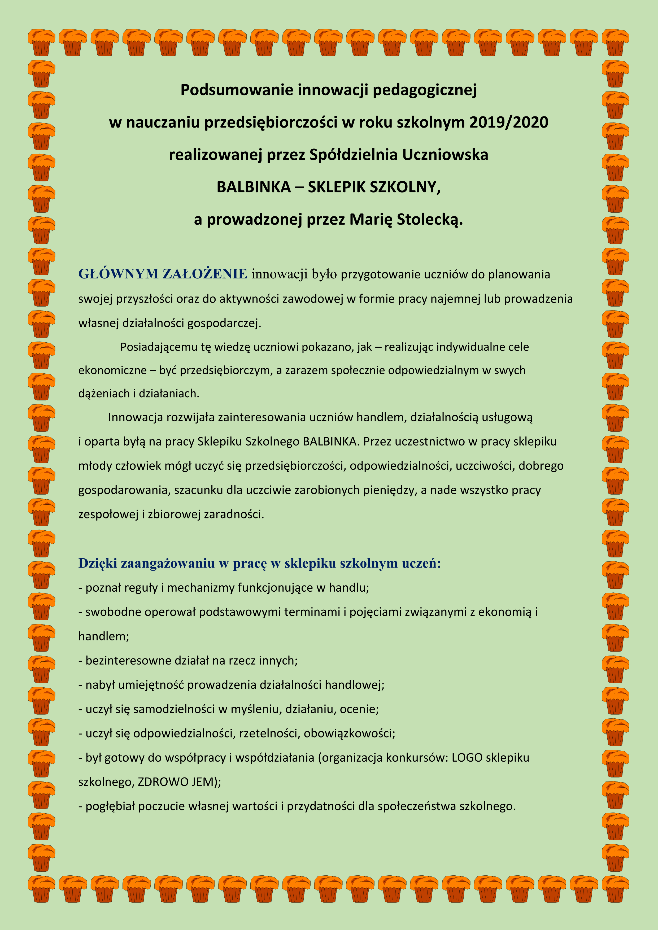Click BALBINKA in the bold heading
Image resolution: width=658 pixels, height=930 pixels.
point(254,187)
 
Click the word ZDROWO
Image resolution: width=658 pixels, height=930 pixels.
point(163,782)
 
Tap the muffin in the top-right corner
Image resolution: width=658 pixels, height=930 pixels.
point(615,42)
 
